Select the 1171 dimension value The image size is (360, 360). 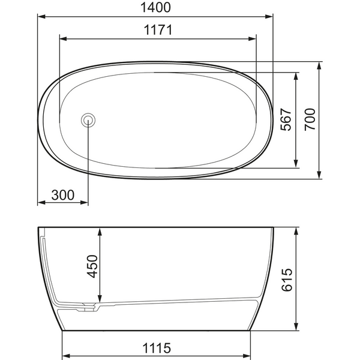tap(158, 31)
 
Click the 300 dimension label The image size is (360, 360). tap(62, 195)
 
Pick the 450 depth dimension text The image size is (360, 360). tap(92, 266)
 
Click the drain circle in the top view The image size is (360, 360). tap(88, 119)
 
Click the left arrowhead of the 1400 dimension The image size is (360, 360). tap(41, 16)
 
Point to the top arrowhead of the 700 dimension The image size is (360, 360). tap(319, 65)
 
